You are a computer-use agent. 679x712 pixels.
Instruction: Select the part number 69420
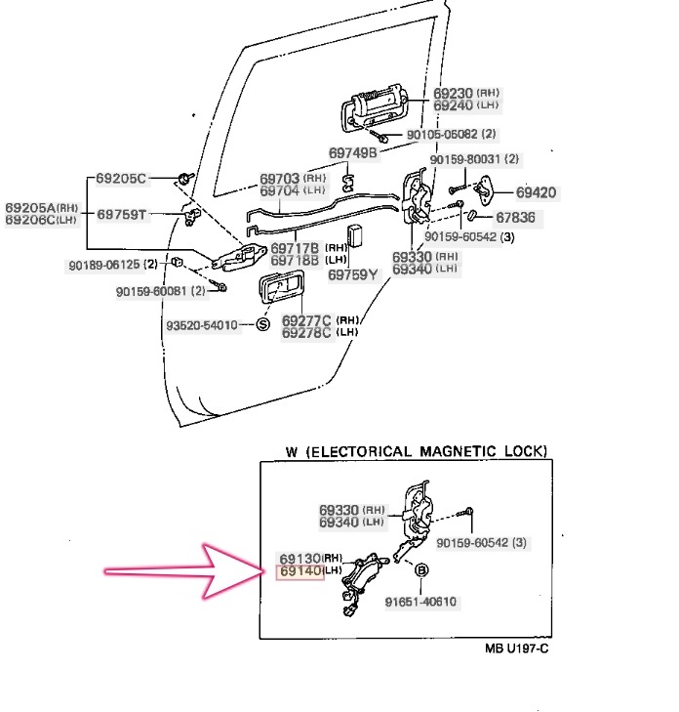536,192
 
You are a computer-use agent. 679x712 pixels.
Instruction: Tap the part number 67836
515,217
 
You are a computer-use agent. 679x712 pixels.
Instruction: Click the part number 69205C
121,179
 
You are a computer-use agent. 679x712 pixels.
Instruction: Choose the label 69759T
121,214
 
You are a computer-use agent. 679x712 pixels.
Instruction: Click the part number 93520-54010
202,324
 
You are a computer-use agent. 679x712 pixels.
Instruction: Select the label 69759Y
352,274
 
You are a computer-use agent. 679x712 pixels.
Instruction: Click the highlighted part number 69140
300,571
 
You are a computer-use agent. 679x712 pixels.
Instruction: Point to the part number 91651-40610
420,602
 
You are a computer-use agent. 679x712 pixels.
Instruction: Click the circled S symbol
261,324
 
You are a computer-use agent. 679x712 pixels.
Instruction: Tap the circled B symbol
422,570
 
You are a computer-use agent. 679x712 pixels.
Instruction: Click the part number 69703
280,180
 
